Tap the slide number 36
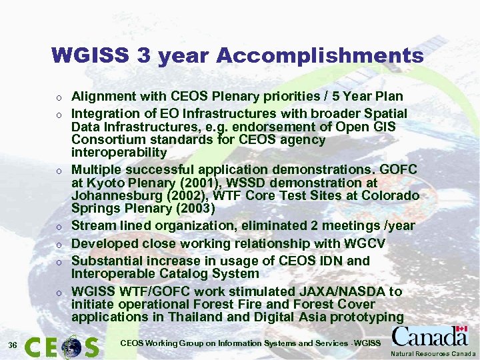pos(13,344)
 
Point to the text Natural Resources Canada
pos(433,353)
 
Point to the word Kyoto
pos(100,183)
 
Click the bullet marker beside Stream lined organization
pos(59,227)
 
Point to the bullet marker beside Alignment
pos(59,97)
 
